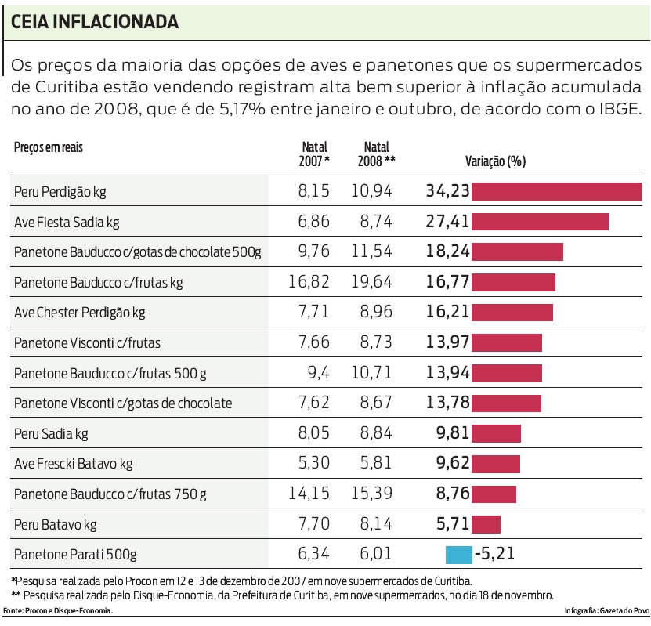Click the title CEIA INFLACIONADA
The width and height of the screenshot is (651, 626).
pyautogui.click(x=95, y=22)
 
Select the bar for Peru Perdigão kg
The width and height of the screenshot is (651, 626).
pyautogui.click(x=556, y=191)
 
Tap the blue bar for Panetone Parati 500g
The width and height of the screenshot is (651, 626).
pyautogui.click(x=459, y=555)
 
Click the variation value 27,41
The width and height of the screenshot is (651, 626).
pyautogui.click(x=447, y=222)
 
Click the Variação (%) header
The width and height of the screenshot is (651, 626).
pyautogui.click(x=495, y=161)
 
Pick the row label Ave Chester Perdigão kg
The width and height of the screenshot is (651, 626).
pyautogui.click(x=80, y=313)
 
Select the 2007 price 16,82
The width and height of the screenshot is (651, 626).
pyautogui.click(x=309, y=282)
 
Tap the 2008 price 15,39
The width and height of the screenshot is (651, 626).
pyautogui.click(x=371, y=494)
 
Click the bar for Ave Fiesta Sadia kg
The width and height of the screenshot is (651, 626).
pyautogui.click(x=540, y=222)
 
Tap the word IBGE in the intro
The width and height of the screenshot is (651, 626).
pyautogui.click(x=617, y=109)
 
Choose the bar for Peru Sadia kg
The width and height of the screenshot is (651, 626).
pyautogui.click(x=496, y=433)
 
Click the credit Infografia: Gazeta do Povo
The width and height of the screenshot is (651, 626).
pyautogui.click(x=605, y=610)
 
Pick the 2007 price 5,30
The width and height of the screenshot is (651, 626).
pyautogui.click(x=313, y=464)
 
